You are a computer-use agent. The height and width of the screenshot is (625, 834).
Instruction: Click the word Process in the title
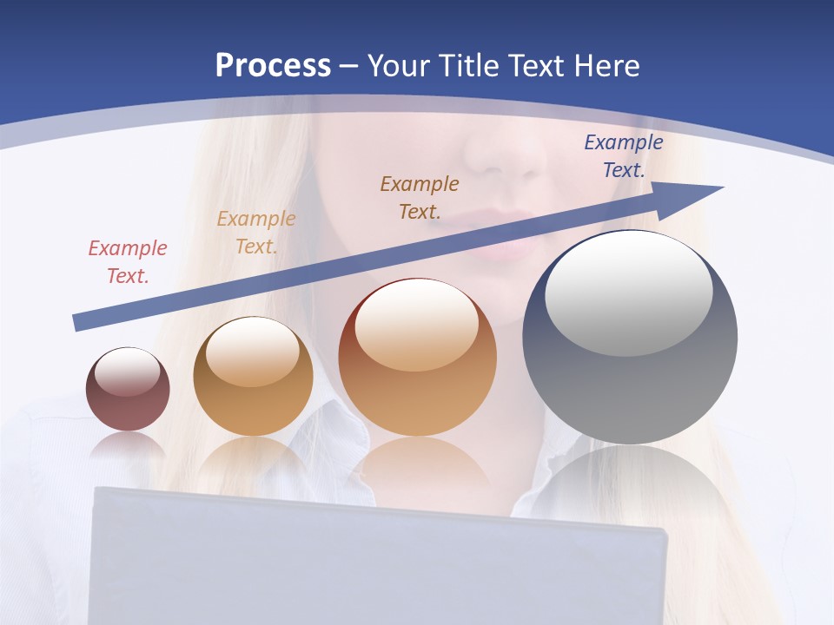coord(273,65)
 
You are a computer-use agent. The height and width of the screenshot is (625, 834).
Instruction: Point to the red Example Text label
coord(127,262)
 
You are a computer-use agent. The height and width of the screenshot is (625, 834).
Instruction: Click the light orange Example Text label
coord(255,233)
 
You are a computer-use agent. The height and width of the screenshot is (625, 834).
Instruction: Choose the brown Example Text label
coord(419,197)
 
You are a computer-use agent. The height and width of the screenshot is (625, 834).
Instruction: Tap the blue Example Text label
coord(623,156)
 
